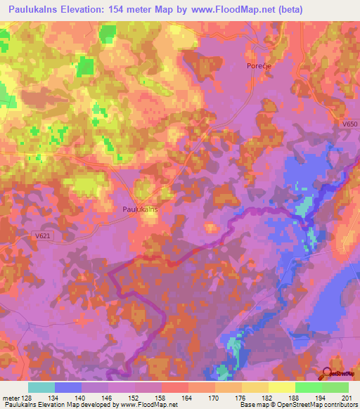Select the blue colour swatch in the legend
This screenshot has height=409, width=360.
[67, 387]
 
